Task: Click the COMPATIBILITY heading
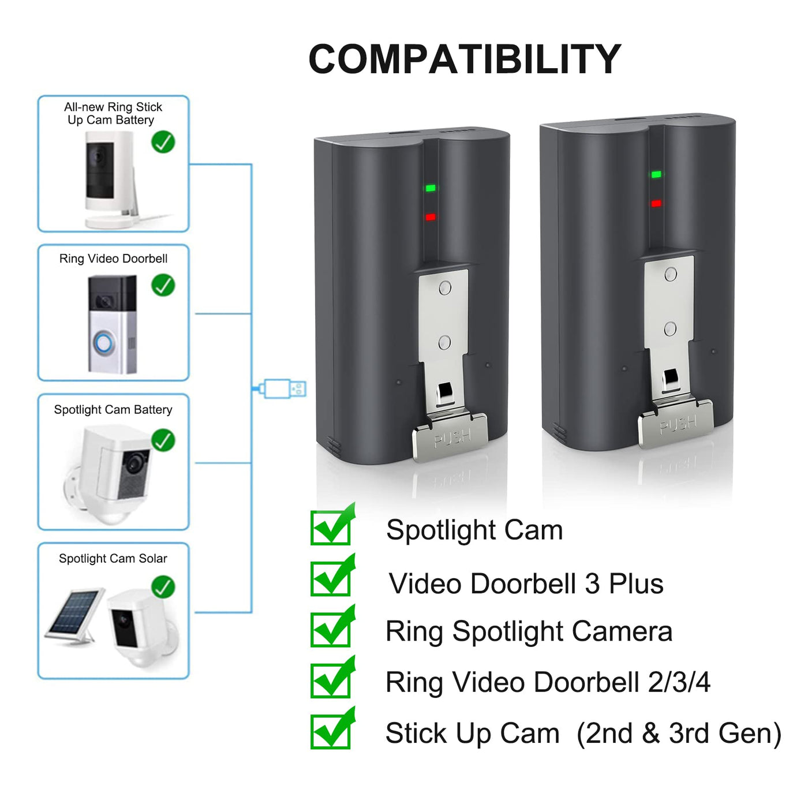465,59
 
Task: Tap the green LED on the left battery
430,188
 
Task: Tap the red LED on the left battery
430,217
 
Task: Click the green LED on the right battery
656,174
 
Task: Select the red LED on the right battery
656,204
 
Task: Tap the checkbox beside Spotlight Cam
331,527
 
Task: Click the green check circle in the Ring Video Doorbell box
163,285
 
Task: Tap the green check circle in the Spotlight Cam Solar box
163,587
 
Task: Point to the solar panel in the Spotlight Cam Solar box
74,614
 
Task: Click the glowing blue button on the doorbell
104,344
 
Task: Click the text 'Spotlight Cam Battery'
113,410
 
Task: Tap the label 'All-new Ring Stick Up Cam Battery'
113,114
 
